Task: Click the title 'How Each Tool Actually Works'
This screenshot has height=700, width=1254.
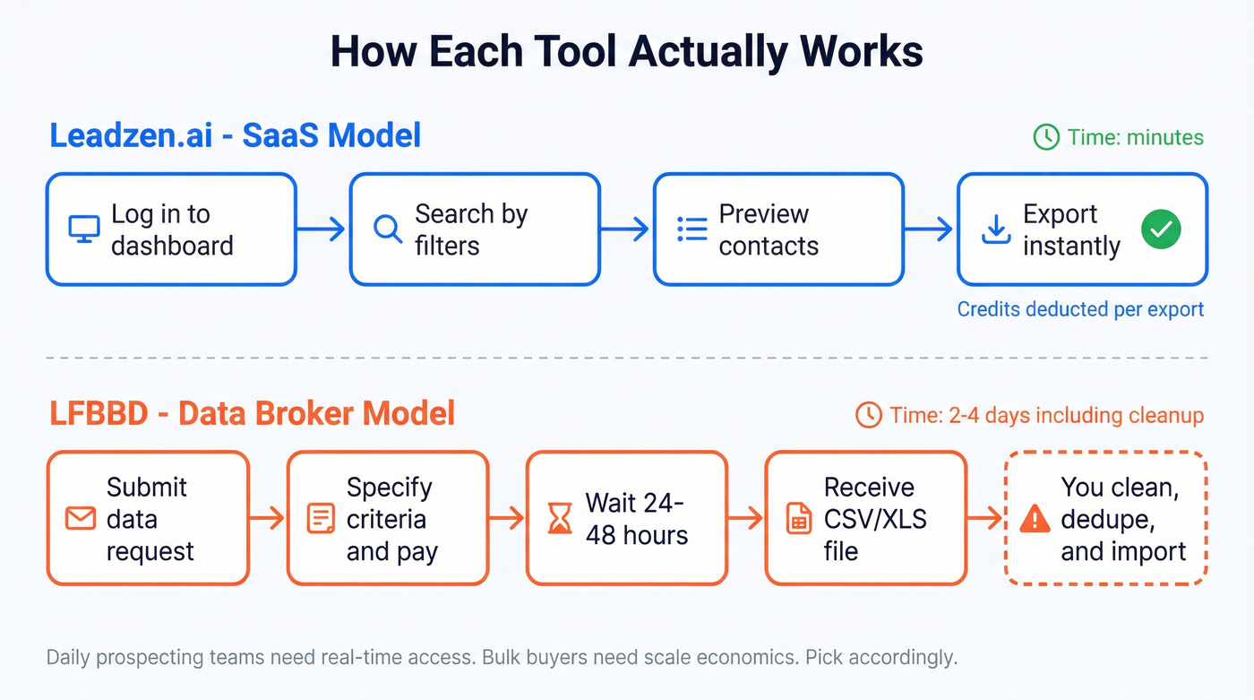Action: pos(626,51)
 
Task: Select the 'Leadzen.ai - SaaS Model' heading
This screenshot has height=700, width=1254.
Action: pos(235,135)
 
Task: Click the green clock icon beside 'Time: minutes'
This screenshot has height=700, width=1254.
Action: pos(1046,137)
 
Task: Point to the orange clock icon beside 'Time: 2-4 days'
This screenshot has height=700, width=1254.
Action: pos(868,415)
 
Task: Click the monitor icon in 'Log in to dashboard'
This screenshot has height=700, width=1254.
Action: pos(84,229)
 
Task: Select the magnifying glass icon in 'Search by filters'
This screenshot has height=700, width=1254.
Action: pos(388,229)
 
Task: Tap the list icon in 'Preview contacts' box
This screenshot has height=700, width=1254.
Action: pos(691,229)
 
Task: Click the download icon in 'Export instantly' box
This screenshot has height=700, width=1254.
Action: pos(995,229)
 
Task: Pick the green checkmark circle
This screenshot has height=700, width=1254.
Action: pos(1161,229)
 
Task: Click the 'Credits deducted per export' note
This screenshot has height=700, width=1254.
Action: pos(1080,309)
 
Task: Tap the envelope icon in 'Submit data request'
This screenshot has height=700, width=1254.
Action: pos(80,518)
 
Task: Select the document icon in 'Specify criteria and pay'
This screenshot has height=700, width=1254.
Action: pos(320,518)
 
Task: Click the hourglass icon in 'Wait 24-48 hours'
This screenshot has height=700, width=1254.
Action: pos(560,518)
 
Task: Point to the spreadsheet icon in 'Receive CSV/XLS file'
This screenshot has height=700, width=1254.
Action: pos(798,518)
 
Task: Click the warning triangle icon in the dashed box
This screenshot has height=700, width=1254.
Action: pos(1035,518)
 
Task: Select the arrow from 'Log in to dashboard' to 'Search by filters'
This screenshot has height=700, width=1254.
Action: pos(322,229)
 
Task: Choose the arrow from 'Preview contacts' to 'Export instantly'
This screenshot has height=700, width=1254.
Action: pos(930,229)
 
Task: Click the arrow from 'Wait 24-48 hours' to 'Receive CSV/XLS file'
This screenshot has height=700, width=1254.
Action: pos(745,518)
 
